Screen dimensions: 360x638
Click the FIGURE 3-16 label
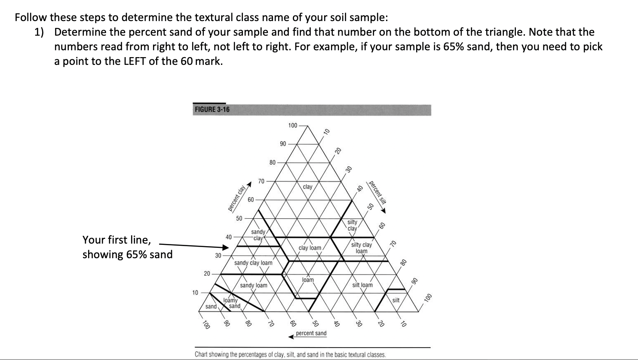[x=212, y=109]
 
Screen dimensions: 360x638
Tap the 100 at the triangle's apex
[x=292, y=125]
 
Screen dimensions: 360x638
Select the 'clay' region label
[x=307, y=187]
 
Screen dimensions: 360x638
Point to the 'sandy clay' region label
[x=258, y=235]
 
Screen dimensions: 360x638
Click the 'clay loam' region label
[x=310, y=248]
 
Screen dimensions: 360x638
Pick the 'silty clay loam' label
[x=362, y=248]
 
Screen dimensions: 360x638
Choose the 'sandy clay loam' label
[x=253, y=262]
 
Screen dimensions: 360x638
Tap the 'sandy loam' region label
[x=253, y=285]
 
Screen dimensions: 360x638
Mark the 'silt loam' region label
[x=362, y=285]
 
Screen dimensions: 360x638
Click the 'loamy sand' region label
[x=232, y=303]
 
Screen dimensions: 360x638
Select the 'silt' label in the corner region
[x=396, y=300]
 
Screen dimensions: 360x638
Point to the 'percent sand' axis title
[x=311, y=333]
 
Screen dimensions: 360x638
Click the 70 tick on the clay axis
[x=261, y=181]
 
